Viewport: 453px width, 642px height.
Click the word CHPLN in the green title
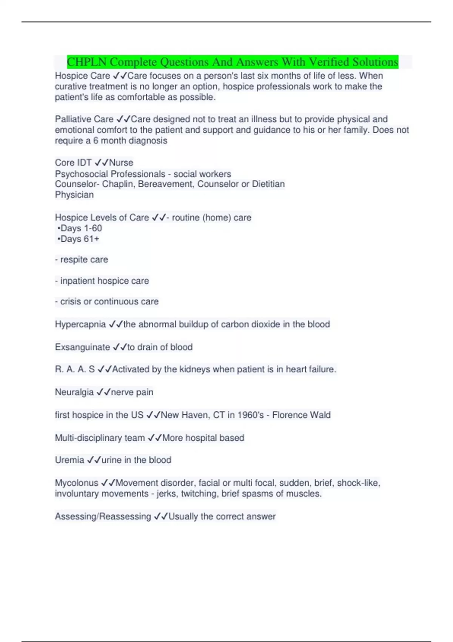[x=87, y=62]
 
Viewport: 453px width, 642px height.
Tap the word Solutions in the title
[x=375, y=62]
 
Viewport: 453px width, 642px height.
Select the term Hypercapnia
[x=80, y=324]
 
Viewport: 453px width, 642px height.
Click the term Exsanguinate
[x=82, y=347]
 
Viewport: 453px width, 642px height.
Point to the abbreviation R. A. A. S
[x=75, y=369]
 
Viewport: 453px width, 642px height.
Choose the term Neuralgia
[x=74, y=392]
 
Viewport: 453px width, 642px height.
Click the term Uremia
[x=69, y=460]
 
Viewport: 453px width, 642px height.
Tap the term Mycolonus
[x=77, y=483]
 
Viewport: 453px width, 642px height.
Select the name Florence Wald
[x=301, y=415]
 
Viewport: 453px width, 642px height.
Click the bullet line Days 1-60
[x=80, y=228]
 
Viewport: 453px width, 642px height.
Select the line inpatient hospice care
[x=102, y=281]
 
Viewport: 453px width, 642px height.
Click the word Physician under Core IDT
[x=74, y=195]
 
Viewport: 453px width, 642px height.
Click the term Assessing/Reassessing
[x=103, y=516]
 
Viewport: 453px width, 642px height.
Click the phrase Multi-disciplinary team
[x=100, y=438]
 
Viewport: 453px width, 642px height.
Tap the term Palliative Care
[x=84, y=119]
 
